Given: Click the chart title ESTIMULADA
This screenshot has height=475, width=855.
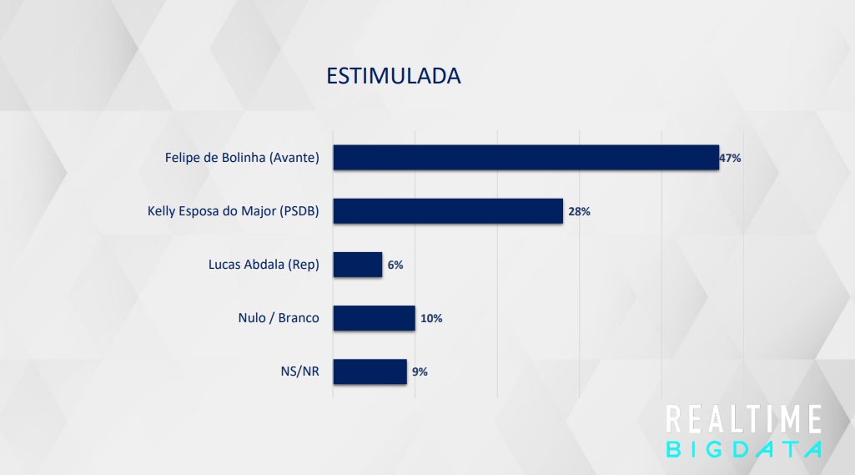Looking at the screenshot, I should [393, 76].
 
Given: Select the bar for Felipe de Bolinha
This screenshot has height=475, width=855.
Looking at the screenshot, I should [526, 158].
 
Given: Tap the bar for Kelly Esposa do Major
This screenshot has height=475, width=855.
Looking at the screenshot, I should [448, 211].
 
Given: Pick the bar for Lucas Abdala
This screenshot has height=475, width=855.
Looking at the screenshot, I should [357, 265].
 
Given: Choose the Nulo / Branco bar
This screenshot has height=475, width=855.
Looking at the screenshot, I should [374, 318].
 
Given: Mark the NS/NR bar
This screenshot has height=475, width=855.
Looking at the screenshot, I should [370, 371].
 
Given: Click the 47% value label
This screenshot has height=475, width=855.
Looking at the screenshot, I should [730, 158].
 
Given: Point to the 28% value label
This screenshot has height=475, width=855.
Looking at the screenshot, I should [579, 211].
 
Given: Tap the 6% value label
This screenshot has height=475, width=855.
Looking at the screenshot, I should [395, 265].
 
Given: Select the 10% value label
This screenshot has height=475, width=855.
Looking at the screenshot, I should [431, 318].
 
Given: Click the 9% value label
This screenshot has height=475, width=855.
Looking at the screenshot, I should [420, 371].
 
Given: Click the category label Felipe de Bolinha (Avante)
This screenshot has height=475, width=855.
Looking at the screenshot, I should [242, 158].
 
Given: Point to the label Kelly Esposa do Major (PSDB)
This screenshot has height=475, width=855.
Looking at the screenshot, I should [233, 211].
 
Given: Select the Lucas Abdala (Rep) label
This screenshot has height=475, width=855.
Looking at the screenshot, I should [264, 265].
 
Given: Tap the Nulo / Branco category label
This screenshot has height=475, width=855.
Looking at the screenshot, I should [279, 318].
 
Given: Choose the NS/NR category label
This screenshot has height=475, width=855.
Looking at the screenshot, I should [300, 371].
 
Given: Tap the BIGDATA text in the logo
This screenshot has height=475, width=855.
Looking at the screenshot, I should [744, 449].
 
